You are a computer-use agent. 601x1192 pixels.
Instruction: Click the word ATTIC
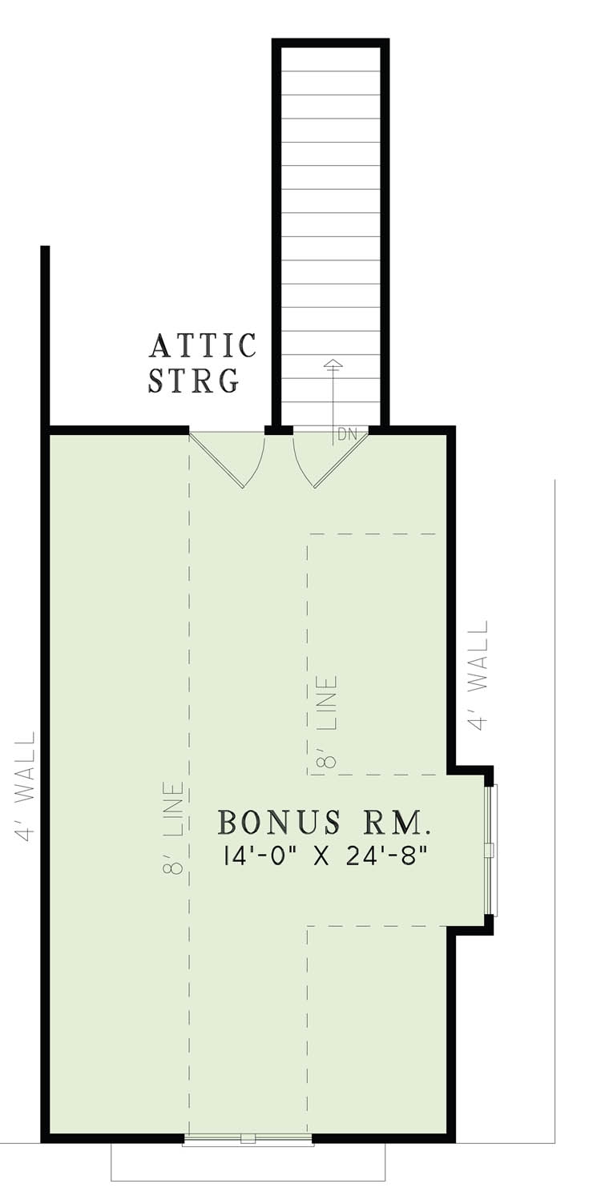[203, 346]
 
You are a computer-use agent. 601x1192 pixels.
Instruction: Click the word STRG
[194, 380]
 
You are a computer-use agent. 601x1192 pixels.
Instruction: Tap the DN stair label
[347, 435]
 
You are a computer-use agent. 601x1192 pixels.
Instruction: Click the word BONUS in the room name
[268, 823]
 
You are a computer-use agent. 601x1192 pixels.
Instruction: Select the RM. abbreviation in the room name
[398, 823]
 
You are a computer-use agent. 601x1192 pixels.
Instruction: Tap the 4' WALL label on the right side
[478, 675]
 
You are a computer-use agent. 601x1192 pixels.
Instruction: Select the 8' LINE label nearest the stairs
[328, 722]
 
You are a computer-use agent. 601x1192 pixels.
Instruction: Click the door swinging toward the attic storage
[232, 460]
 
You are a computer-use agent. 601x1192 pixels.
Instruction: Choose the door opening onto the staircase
[329, 460]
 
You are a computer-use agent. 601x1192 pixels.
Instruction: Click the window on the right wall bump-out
[492, 849]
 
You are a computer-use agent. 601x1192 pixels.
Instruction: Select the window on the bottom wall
[248, 1139]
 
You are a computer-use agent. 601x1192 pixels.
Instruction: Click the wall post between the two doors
[278, 430]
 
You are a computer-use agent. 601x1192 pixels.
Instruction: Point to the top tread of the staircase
[330, 60]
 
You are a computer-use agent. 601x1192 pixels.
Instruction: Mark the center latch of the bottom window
[248, 1138]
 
